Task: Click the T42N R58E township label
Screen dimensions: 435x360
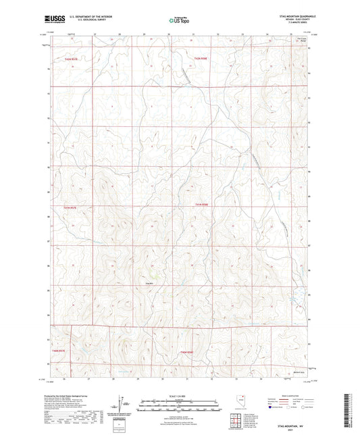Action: click(x=200, y=58)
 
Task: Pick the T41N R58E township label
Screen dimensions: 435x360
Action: click(x=203, y=205)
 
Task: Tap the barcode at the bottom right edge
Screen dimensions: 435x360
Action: click(x=352, y=409)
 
